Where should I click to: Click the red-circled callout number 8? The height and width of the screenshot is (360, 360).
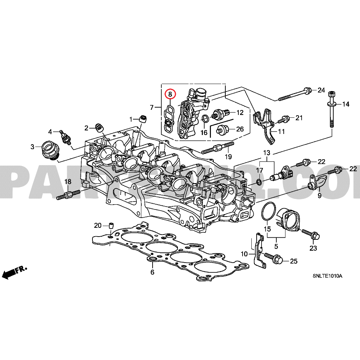(x=170, y=94)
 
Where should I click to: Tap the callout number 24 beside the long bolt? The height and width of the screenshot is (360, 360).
(x=321, y=90)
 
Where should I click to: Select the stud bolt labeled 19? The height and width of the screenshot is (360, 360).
(x=218, y=148)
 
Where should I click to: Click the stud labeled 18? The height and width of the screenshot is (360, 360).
(x=68, y=194)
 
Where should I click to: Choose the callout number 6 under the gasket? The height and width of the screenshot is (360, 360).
(x=152, y=272)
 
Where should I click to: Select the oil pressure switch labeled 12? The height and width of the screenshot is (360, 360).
(x=221, y=113)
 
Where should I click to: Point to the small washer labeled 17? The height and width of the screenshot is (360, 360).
(x=259, y=182)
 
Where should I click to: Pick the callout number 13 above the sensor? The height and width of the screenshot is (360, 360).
(x=267, y=153)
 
